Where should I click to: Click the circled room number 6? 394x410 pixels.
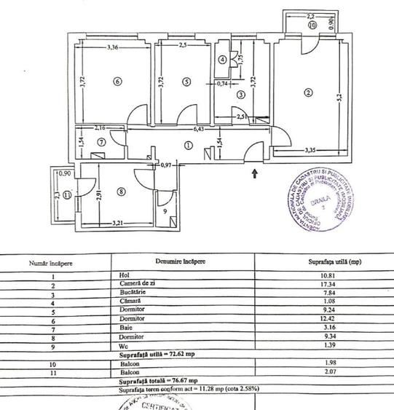[117, 82]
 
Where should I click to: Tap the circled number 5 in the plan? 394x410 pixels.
[186, 82]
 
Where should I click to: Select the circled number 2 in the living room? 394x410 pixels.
[308, 92]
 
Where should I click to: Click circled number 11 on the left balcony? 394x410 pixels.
[66, 194]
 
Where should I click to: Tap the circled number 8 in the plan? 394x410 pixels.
[121, 192]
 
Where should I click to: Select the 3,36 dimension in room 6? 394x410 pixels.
[112, 48]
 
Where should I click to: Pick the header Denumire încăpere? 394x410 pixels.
[179, 260]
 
